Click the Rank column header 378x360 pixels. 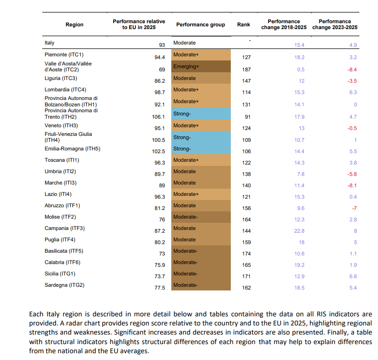click(x=244, y=25)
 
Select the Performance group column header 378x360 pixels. click(x=200, y=25)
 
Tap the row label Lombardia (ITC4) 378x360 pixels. click(x=65, y=90)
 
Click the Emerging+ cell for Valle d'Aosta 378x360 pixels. click(x=201, y=66)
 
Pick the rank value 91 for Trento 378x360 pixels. click(x=248, y=117)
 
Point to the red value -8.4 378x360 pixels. click(x=352, y=70)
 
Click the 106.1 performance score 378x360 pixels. click(x=159, y=117)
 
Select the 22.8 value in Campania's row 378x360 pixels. click(x=299, y=231)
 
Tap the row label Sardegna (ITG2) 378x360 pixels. click(x=65, y=285)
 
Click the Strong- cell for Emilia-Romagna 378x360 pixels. click(x=201, y=149)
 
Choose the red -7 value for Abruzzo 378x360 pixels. click(x=354, y=208)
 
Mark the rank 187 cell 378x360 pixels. click(x=246, y=70)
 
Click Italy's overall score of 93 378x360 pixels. click(x=162, y=45)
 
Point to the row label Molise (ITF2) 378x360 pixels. click(x=60, y=217)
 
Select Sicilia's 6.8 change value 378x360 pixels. click(x=353, y=276)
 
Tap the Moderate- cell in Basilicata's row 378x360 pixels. click(x=201, y=251)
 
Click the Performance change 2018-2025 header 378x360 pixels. click(x=284, y=25)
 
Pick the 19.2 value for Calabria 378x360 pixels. click(x=299, y=265)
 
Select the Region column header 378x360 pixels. click(x=75, y=25)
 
